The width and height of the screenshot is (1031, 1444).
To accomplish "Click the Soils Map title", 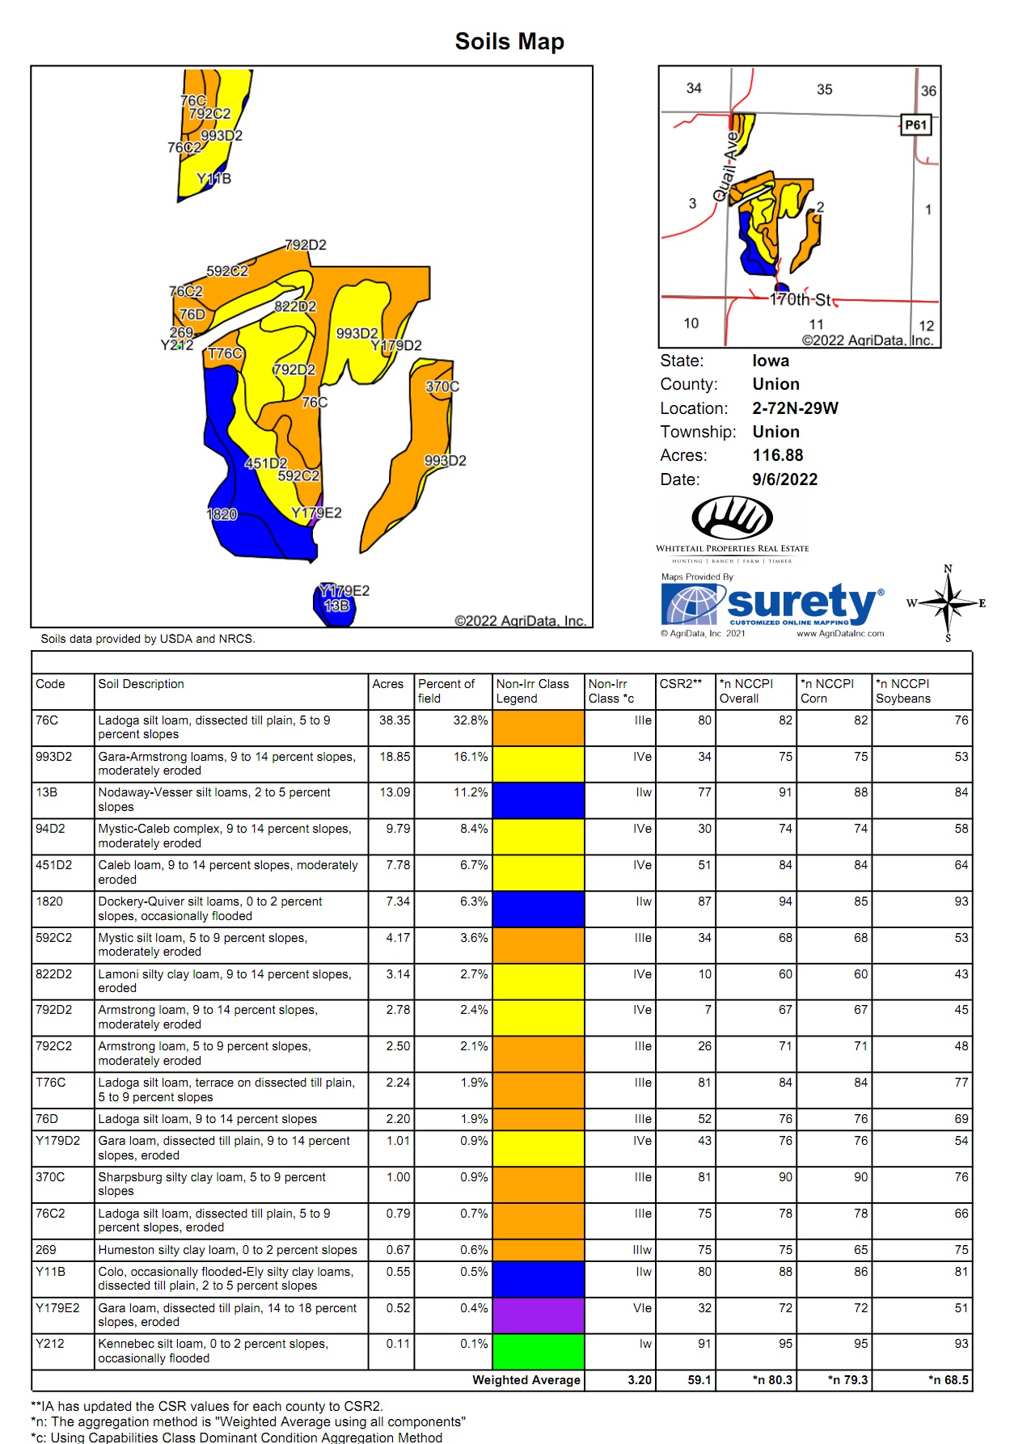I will click(x=509, y=41).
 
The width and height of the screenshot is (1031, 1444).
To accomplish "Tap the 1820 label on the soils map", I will click(x=222, y=514).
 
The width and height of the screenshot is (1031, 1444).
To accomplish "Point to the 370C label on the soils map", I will click(x=442, y=386).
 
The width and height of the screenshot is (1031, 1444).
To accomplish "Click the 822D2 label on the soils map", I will click(x=295, y=306).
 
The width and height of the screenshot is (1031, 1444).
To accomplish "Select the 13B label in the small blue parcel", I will click(x=336, y=606).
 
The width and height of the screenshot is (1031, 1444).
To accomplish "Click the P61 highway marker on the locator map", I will click(x=915, y=125).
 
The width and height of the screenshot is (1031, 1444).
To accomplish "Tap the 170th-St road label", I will click(x=800, y=300).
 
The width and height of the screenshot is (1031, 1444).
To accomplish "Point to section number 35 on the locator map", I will click(x=824, y=90).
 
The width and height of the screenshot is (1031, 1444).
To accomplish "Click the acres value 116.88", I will click(x=777, y=455).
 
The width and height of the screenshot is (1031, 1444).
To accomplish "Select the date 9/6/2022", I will click(x=784, y=479).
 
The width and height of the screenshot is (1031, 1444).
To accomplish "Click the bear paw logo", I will click(x=732, y=517).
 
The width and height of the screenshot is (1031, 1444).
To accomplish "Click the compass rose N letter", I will click(x=948, y=569).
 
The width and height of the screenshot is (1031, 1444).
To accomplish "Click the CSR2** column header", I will click(x=680, y=684).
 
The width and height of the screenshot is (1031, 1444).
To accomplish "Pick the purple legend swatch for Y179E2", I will click(x=538, y=1315).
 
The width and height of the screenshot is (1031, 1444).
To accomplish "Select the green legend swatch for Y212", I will click(x=538, y=1351).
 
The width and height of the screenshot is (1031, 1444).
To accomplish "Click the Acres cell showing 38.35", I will click(x=395, y=720).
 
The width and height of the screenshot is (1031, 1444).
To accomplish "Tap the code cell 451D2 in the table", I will click(x=54, y=865).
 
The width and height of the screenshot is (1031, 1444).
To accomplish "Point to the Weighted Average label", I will click(x=526, y=1380).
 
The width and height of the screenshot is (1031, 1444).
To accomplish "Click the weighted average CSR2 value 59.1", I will click(x=699, y=1380).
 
